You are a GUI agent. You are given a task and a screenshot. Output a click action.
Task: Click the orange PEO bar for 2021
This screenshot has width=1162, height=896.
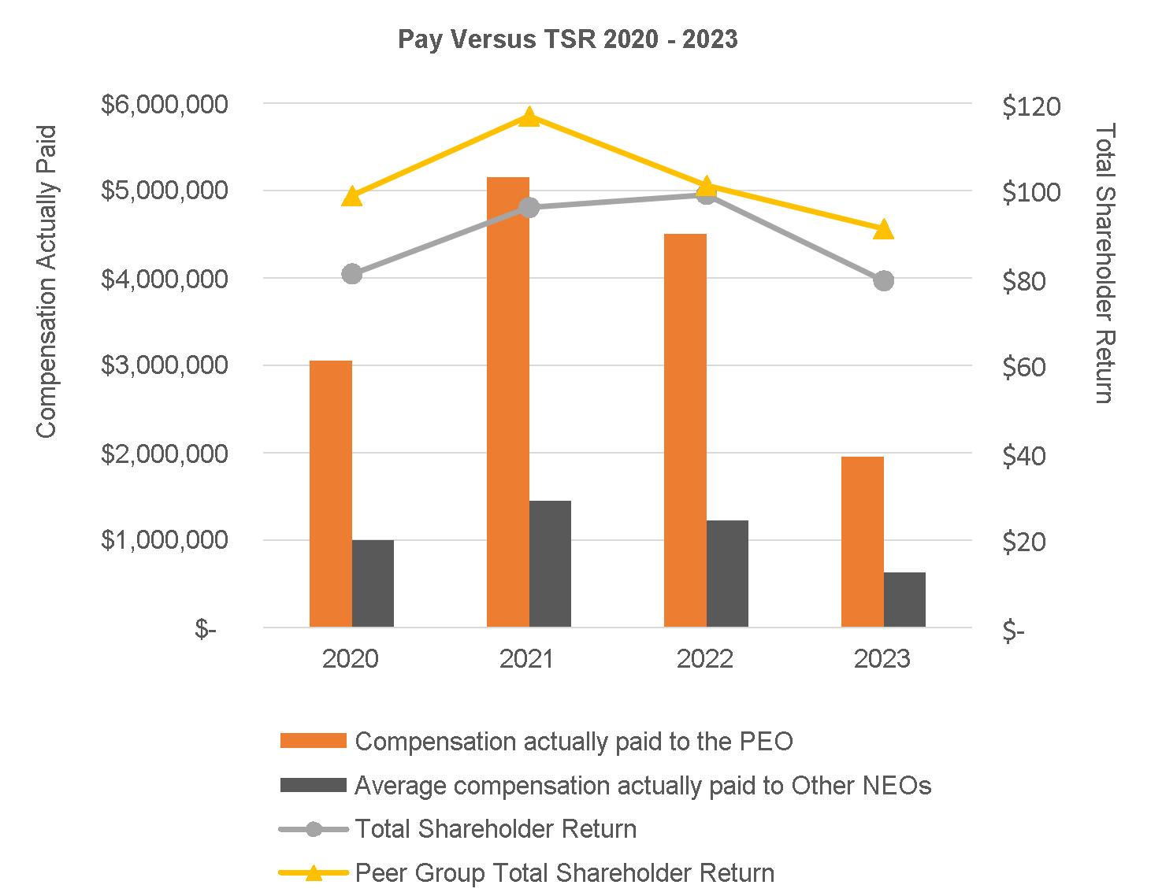(x=507, y=402)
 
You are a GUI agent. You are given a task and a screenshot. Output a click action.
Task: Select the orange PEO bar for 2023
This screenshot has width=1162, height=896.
(x=862, y=542)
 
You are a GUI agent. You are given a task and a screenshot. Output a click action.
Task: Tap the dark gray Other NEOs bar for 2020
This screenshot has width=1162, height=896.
(x=373, y=583)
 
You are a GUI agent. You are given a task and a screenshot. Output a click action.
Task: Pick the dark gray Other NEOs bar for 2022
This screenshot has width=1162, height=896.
(x=727, y=573)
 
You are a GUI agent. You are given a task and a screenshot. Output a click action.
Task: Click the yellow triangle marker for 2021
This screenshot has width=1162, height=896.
(x=529, y=117)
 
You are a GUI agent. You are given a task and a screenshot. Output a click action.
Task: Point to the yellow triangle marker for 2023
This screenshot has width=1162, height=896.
(x=884, y=229)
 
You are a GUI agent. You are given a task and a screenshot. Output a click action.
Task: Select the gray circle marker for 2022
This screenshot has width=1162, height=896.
(x=707, y=195)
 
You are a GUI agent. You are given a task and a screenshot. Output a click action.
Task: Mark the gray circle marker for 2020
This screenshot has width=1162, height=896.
(x=352, y=274)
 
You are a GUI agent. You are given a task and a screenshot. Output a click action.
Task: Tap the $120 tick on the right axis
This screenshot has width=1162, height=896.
(x=1031, y=106)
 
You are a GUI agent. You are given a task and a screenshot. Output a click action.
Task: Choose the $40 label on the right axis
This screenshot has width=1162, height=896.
(x=1024, y=456)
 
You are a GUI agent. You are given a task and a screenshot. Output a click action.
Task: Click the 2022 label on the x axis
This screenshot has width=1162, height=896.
(x=705, y=658)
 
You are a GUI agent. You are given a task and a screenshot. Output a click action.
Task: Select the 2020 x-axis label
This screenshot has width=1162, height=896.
(x=351, y=658)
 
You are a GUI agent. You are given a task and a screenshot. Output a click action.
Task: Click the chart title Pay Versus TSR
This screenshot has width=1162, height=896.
(x=567, y=39)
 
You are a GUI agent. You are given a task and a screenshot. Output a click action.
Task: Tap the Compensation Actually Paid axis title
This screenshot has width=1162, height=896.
(x=46, y=281)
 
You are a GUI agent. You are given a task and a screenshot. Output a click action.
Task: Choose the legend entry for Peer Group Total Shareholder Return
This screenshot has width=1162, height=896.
(x=564, y=873)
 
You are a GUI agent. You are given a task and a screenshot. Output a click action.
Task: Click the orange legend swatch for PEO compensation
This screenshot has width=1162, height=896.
(x=313, y=741)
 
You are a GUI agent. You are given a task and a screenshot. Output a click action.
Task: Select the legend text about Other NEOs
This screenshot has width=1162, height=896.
(x=643, y=785)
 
